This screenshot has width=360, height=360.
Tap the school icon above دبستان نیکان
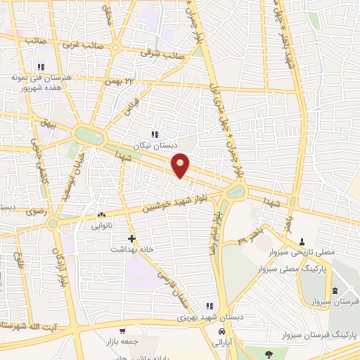pos(155,134)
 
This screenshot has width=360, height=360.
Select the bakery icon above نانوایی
pos(102,215)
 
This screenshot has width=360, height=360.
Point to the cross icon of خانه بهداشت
pos(131,238)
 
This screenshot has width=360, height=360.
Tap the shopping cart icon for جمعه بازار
pos(123,330)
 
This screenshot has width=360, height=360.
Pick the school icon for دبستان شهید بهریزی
pos(208,305)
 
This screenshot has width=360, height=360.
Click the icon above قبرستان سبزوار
pos(335,290)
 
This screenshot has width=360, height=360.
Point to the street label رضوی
pos(35,210)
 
